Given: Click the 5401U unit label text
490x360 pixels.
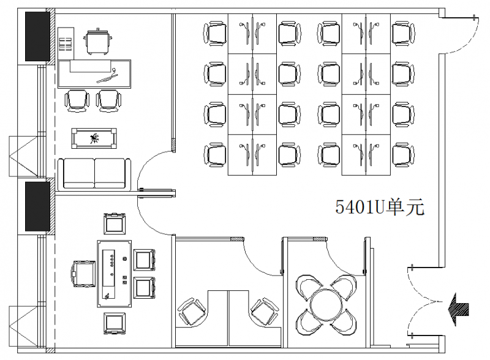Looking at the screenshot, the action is [x=380, y=207].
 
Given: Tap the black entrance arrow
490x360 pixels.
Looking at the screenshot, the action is [x=458, y=309].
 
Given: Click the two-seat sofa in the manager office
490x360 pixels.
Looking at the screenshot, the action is [x=94, y=174].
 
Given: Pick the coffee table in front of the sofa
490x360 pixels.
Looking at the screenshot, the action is [x=94, y=138].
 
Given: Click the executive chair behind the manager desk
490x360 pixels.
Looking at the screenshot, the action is [x=98, y=42].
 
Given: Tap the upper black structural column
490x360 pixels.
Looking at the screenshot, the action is [x=37, y=36].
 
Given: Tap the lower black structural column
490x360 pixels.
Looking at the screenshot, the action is [x=37, y=206].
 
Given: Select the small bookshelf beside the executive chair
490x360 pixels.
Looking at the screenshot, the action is [x=66, y=43].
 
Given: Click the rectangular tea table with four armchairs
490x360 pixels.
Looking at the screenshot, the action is [x=114, y=274].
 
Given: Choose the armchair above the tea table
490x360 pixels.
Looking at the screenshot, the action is [x=115, y=223].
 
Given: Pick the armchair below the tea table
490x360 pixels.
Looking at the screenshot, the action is [x=115, y=323].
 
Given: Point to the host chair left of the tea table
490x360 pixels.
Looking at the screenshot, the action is [x=84, y=274].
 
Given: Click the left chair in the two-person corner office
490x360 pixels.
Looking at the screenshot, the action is [x=192, y=312].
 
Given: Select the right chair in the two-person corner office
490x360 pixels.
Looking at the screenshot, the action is [x=265, y=312].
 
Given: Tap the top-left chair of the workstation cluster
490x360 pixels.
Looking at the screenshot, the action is [x=215, y=34].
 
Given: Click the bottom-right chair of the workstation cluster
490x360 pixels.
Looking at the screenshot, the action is [x=403, y=155].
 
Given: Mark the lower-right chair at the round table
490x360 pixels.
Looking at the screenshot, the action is [x=343, y=321].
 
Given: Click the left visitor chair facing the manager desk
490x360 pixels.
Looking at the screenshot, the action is [x=77, y=100].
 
